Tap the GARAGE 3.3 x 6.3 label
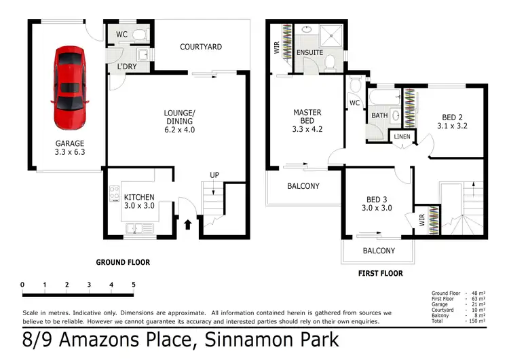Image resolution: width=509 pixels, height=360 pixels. point(70,148)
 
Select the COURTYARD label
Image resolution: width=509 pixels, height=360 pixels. point(201,47)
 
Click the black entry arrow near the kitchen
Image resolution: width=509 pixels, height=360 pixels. point(187,221)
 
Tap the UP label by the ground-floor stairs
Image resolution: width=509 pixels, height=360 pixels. point(214,175)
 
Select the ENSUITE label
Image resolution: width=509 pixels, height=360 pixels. point(309,52)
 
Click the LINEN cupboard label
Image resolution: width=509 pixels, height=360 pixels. point(402,137)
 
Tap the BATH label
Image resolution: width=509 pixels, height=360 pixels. point(379,115)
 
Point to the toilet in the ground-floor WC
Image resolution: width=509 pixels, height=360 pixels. point(138,33)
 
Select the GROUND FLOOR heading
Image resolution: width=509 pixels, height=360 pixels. point(123,262)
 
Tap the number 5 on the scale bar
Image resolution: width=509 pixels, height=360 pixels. point(134,284)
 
